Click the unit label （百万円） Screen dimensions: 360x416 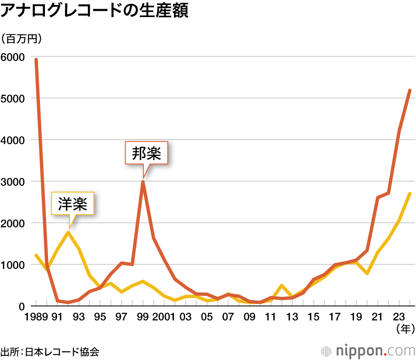point(24,39)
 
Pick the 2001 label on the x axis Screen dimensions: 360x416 point(164,318)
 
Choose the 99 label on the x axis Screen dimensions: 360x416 point(143,318)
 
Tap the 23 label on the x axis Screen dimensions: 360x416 point(399,318)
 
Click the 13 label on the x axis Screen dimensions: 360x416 point(292,318)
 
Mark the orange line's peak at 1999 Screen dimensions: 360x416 point(143,181)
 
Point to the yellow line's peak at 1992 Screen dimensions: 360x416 point(68,232)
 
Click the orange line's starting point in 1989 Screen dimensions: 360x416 point(36,59)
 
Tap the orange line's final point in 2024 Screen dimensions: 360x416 point(410,90)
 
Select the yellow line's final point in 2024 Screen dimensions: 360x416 point(410,193)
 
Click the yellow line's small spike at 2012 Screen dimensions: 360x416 point(282,285)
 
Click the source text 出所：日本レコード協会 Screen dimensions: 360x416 point(50,351)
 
